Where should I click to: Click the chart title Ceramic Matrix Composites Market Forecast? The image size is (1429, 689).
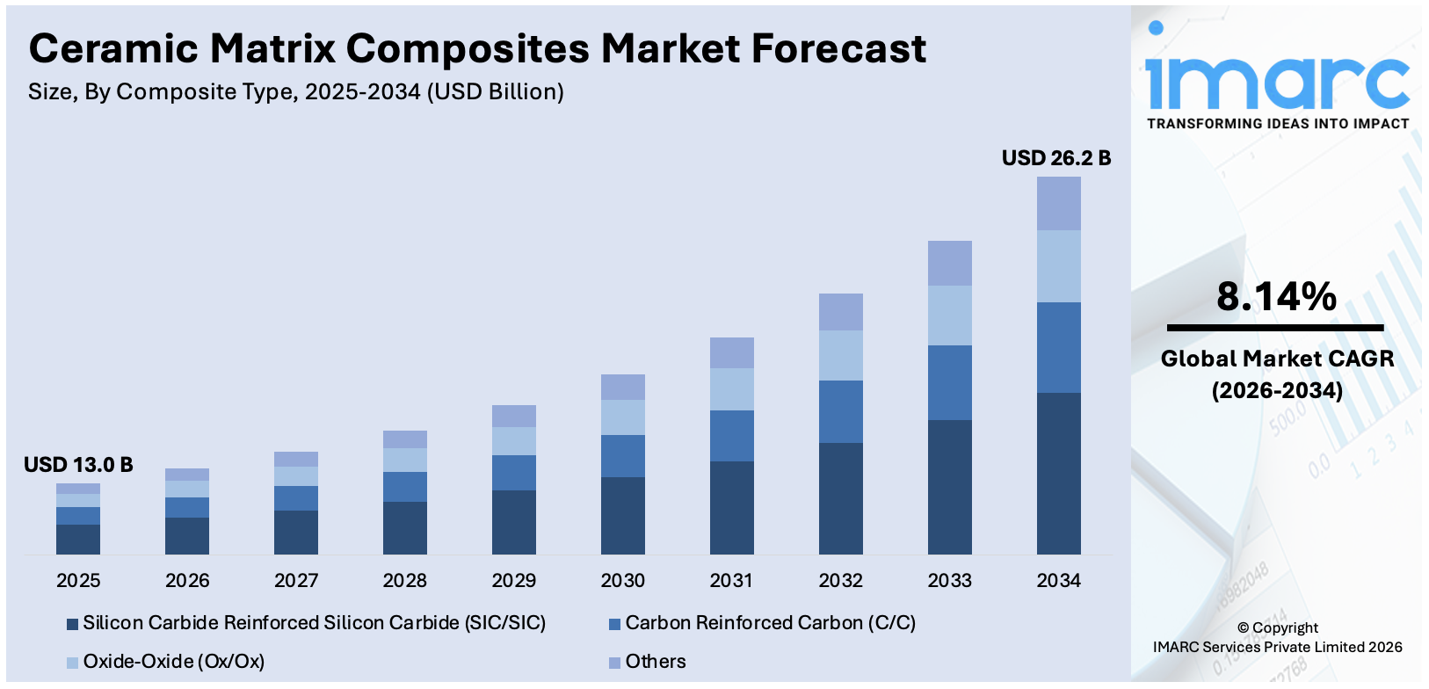click(x=477, y=49)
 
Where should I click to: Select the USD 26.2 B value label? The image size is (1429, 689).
click(x=1056, y=158)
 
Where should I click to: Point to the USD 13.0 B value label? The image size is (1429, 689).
click(x=78, y=465)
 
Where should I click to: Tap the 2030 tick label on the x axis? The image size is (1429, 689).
click(x=622, y=580)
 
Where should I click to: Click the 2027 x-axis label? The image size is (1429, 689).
click(x=296, y=580)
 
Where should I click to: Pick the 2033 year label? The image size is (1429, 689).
click(x=949, y=580)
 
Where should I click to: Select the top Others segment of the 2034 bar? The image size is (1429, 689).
click(x=1058, y=203)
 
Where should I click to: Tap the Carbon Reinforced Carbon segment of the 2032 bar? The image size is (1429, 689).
click(x=840, y=411)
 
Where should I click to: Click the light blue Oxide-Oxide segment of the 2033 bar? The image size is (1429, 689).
click(x=949, y=315)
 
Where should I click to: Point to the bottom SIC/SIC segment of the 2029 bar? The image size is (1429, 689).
click(x=513, y=522)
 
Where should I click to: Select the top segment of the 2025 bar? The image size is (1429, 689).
click(x=78, y=489)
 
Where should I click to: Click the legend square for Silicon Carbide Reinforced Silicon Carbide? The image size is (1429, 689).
click(x=72, y=625)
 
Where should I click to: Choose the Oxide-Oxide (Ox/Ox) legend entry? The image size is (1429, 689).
click(x=173, y=661)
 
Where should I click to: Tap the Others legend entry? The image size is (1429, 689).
click(x=655, y=661)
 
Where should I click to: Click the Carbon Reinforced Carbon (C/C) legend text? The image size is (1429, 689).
click(x=770, y=623)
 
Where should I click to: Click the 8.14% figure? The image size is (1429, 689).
click(x=1276, y=297)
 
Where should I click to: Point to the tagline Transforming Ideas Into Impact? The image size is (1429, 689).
click(x=1277, y=124)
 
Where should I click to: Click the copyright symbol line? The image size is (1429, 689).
click(x=1277, y=627)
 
